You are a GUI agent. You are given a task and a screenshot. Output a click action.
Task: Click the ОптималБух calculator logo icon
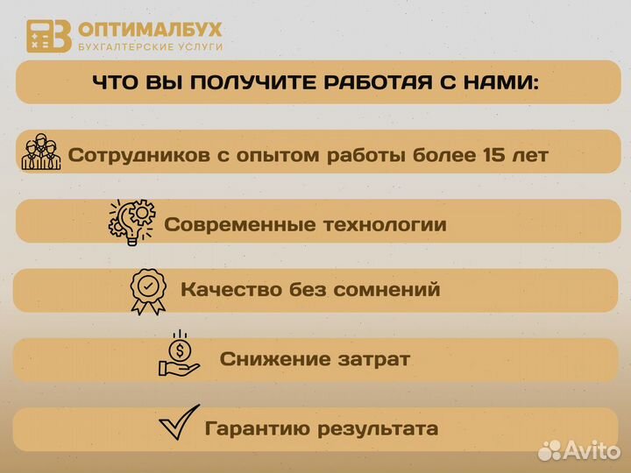click(48, 36)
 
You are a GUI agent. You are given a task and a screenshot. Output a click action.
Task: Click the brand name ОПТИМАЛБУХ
click(150, 29)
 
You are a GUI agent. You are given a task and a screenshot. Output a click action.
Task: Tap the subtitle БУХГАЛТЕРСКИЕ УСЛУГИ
click(150, 46)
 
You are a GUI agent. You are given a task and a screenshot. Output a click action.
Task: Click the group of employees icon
click(40, 153)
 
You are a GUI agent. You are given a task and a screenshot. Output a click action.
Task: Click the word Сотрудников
click(139, 156)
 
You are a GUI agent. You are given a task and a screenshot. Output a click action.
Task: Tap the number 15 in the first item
click(495, 156)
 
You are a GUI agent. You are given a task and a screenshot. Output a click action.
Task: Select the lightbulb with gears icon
click(131, 221)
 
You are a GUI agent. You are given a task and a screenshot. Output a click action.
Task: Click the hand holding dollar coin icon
click(179, 354)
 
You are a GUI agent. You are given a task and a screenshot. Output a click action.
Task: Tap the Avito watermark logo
click(578, 450)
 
